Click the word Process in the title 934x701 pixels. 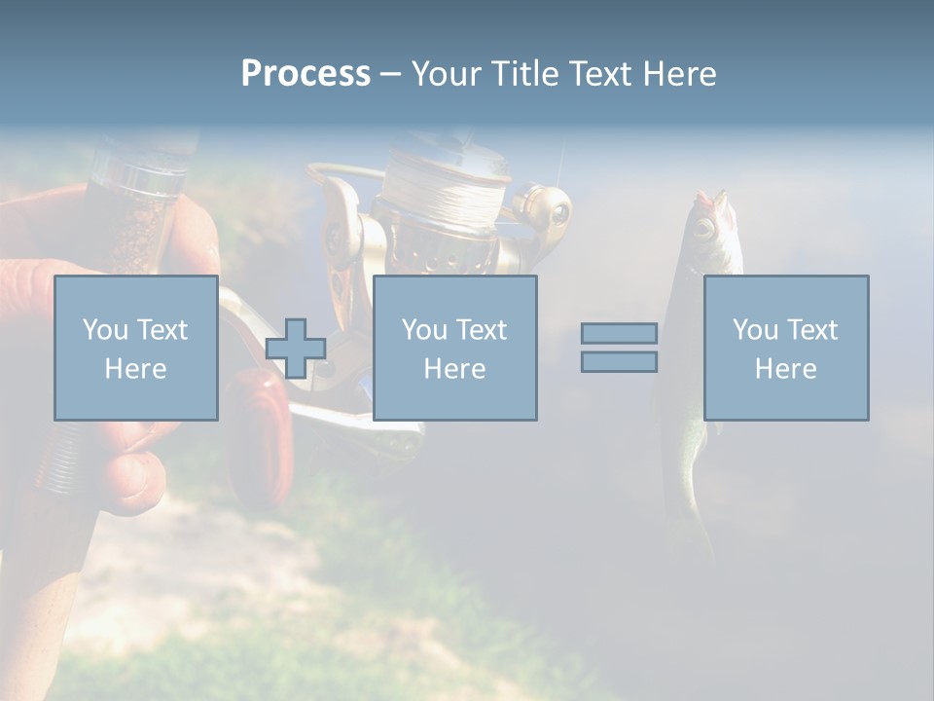click(x=305, y=74)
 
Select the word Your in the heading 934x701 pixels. click(x=445, y=74)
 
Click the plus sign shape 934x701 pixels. click(x=296, y=349)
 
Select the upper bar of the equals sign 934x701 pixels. click(x=619, y=333)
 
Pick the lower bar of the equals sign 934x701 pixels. click(x=619, y=362)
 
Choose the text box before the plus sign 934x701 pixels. click(x=136, y=348)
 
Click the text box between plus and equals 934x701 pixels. click(x=454, y=348)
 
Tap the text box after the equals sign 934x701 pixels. click(x=786, y=348)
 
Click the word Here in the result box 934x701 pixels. click(x=786, y=369)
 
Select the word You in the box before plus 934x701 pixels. click(x=105, y=330)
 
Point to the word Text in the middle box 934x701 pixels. click(x=483, y=330)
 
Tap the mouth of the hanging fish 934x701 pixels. click(x=710, y=199)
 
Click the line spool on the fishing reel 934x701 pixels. click(x=444, y=200)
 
